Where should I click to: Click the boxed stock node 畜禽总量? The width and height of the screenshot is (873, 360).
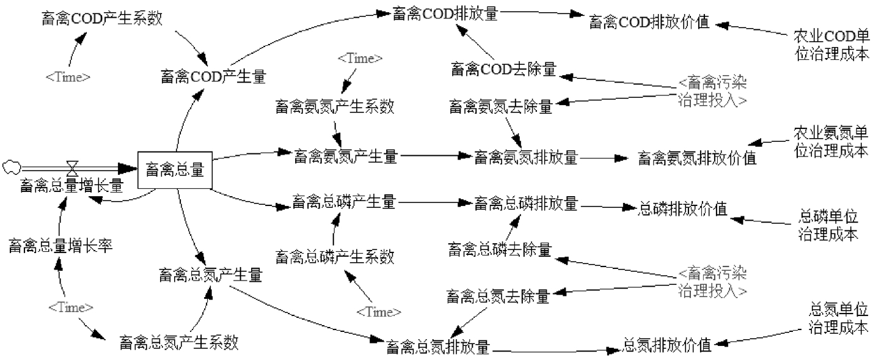coord(175,170)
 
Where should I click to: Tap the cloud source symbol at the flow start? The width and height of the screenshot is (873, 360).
coord(10,165)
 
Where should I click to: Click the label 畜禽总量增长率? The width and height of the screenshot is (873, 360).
coord(60,246)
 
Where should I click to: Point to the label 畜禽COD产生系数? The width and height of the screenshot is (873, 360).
coord(102,18)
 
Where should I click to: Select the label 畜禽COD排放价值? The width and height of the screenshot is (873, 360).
coord(649,23)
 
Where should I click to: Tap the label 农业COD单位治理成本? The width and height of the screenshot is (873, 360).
coord(831,43)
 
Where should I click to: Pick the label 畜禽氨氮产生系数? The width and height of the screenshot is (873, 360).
coord(335,106)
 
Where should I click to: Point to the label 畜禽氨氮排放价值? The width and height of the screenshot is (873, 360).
coord(697,158)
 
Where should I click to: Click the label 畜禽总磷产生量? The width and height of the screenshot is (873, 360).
coord(345,200)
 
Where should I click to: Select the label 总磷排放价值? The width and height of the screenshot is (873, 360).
coord(682,208)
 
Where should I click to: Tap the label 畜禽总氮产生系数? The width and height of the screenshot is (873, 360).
coord(178,342)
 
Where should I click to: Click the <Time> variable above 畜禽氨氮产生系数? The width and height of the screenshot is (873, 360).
coord(360,59)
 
